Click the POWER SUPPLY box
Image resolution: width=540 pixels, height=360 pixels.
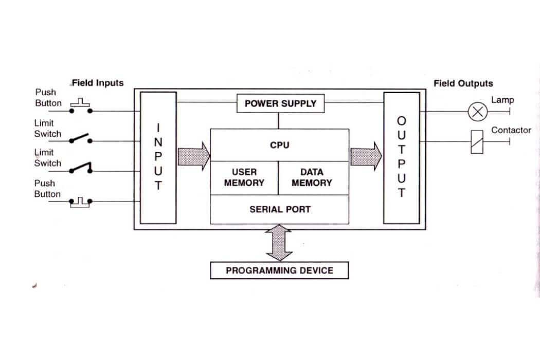click(x=280, y=103)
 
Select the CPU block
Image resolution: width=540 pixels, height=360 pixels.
click(x=280, y=145)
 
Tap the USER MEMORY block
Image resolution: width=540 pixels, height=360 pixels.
click(x=244, y=177)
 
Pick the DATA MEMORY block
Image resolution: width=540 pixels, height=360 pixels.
click(x=312, y=177)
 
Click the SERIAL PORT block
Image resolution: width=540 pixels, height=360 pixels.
click(x=280, y=209)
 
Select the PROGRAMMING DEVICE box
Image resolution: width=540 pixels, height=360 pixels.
click(x=279, y=271)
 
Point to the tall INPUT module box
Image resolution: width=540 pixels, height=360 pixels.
click(x=158, y=157)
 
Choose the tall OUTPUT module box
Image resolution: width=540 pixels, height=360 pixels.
click(x=402, y=157)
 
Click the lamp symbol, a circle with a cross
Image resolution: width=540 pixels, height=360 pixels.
click(x=477, y=111)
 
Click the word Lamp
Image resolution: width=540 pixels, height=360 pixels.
click(x=502, y=100)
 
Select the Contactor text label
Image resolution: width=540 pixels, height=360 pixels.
click(x=511, y=130)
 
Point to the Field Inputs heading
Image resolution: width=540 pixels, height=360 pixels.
click(x=98, y=83)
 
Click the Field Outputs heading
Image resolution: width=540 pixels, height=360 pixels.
click(x=463, y=83)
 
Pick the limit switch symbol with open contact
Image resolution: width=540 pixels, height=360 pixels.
click(x=80, y=139)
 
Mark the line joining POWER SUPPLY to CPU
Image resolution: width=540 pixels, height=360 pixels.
click(x=278, y=121)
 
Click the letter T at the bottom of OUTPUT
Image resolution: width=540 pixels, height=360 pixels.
click(x=402, y=193)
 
